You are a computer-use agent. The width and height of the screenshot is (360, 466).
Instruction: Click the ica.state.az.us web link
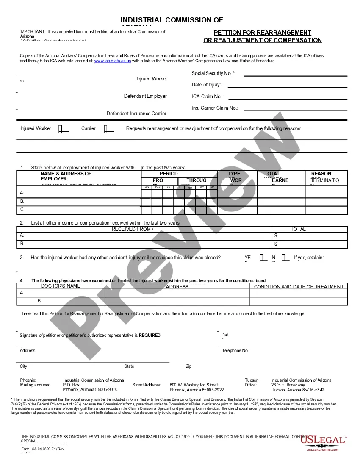112,61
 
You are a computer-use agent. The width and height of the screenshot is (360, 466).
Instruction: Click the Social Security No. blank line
295,75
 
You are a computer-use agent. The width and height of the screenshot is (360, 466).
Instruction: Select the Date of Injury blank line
287,87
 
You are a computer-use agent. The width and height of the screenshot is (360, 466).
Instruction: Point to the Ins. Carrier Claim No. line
296,110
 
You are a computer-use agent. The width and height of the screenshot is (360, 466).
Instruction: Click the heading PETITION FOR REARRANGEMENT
263,33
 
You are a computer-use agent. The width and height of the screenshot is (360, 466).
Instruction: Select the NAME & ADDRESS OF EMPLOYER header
66,176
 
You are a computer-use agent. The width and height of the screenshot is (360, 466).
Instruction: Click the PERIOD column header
169,174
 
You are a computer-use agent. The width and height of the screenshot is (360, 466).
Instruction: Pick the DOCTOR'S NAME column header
61,286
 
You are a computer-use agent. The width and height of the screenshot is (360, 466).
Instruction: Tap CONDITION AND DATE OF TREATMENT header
299,287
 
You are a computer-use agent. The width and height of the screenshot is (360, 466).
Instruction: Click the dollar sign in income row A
276,236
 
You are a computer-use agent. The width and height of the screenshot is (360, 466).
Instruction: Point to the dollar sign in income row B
276,244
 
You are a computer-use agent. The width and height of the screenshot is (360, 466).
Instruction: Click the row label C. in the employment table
22,210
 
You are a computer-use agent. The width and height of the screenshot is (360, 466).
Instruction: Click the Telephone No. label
235,351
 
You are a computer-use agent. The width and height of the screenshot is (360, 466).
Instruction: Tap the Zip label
189,366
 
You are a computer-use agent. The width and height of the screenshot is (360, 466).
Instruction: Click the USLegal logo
323,442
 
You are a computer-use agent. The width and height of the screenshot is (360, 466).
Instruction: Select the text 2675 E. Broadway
288,385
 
